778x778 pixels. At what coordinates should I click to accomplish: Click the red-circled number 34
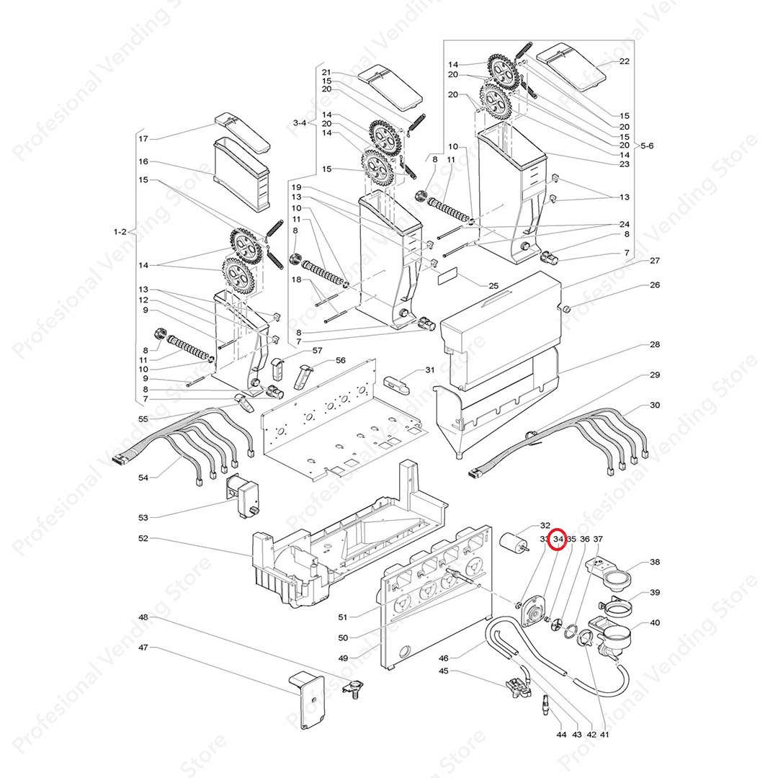point(558,539)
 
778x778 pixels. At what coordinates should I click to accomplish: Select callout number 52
point(143,538)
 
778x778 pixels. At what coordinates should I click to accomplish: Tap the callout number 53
point(143,517)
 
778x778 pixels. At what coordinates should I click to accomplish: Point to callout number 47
point(143,648)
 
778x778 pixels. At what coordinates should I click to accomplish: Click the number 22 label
point(624,61)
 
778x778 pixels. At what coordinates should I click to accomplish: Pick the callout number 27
point(654,261)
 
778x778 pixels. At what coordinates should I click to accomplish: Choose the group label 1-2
point(120,232)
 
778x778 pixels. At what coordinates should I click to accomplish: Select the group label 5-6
point(647,146)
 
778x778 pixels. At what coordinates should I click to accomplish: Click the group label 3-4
point(300,123)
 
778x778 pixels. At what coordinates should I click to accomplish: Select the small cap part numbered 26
point(567,309)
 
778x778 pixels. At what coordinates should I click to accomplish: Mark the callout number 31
point(429,370)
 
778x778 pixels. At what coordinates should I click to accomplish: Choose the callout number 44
point(561,734)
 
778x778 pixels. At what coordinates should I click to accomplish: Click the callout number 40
point(654,623)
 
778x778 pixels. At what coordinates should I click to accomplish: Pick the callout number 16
point(143,162)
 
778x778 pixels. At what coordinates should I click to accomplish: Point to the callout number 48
point(143,617)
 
